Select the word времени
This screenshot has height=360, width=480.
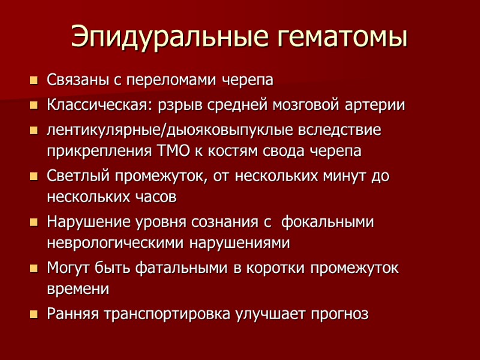pyautogui.click(x=78, y=288)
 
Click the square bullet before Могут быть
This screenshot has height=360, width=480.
pyautogui.click(x=34, y=268)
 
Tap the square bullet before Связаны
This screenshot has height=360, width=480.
pyautogui.click(x=34, y=80)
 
